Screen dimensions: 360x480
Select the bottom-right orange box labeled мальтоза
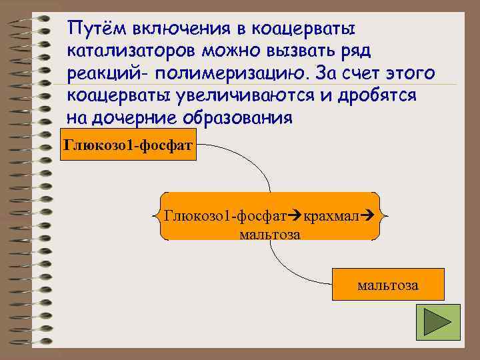tap(388, 285)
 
